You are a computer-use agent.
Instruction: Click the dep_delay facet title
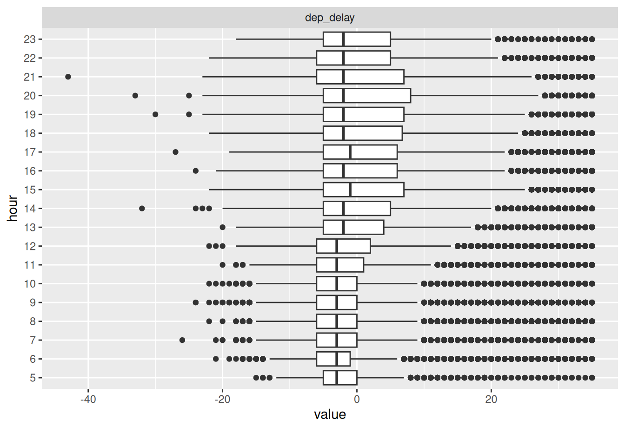pyautogui.click(x=330, y=18)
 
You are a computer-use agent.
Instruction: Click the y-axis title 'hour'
pyautogui.click(x=13, y=208)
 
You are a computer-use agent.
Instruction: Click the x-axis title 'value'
pyautogui.click(x=330, y=414)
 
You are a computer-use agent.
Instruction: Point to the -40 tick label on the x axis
pyautogui.click(x=88, y=399)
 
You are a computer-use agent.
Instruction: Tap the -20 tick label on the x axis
pyautogui.click(x=222, y=399)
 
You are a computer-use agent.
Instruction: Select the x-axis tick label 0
pyautogui.click(x=357, y=399)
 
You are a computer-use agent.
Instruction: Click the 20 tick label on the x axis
pyautogui.click(x=491, y=399)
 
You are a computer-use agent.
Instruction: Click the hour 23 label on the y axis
pyautogui.click(x=30, y=39)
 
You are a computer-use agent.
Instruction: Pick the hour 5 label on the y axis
pyautogui.click(x=33, y=378)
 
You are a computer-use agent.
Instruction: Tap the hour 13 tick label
pyautogui.click(x=30, y=228)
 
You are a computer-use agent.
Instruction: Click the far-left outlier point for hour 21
pyautogui.click(x=68, y=77)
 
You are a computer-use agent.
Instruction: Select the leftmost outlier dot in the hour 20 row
pyautogui.click(x=135, y=96)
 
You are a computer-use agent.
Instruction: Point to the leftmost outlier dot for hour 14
pyautogui.click(x=142, y=209)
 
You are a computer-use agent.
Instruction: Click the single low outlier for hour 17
pyautogui.click(x=175, y=152)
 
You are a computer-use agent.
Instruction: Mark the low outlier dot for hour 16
pyautogui.click(x=196, y=171)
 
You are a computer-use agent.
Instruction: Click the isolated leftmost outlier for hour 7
pyautogui.click(x=182, y=340)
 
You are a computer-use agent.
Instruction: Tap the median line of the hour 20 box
pyautogui.click(x=343, y=96)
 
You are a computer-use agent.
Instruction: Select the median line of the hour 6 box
pyautogui.click(x=337, y=359)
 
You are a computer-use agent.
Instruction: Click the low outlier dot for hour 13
pyautogui.click(x=222, y=227)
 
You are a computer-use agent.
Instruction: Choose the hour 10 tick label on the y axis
pyautogui.click(x=30, y=284)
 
